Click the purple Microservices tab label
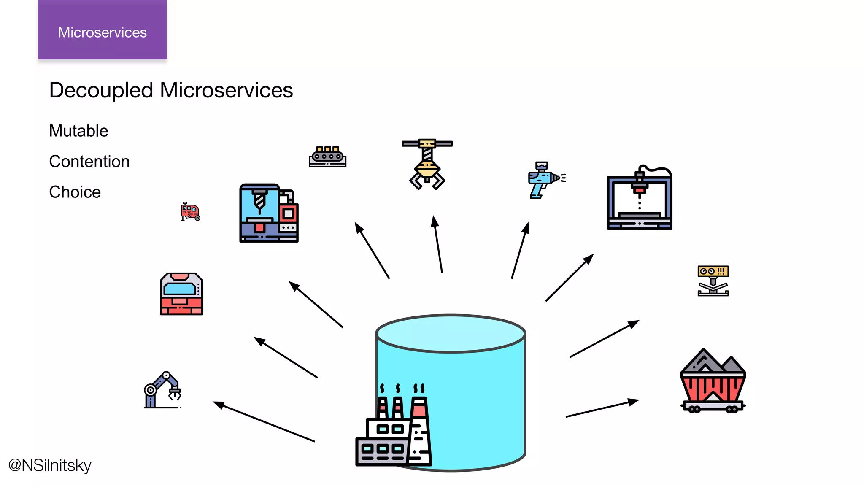tap(102, 32)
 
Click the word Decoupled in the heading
tap(101, 90)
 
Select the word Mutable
tap(78, 131)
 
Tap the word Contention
tap(89, 162)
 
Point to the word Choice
tap(75, 192)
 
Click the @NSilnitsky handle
tap(50, 465)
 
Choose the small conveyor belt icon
tap(327, 157)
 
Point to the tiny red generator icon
tap(190, 211)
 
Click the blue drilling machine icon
tap(268, 213)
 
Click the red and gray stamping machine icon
tap(181, 294)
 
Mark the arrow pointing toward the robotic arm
tap(264, 421)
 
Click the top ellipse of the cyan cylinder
tap(451, 333)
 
